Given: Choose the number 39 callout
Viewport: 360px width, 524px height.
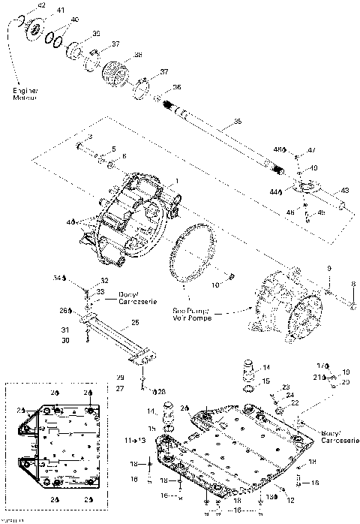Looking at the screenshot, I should click(x=96, y=35).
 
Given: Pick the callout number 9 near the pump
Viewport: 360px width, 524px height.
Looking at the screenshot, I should click(x=328, y=268).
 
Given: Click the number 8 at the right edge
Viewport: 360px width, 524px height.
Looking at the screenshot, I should click(x=352, y=284).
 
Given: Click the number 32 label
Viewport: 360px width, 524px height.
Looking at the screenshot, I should click(x=103, y=281).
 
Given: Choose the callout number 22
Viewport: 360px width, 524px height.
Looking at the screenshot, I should click(x=295, y=402).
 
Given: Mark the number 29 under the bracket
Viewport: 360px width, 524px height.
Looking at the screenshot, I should click(x=119, y=377).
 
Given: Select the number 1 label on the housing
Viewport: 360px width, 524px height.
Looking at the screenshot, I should click(x=176, y=180).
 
